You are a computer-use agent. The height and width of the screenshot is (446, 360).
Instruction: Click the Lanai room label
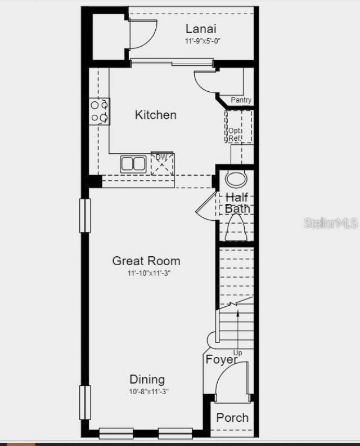click(201, 29)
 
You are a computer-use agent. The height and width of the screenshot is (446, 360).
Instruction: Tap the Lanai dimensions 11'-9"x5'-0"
click(201, 42)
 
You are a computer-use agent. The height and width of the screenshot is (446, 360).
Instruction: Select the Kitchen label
click(156, 115)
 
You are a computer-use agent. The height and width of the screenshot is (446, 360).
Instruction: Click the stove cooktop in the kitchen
click(100, 111)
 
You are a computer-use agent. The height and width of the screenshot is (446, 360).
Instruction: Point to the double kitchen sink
click(133, 164)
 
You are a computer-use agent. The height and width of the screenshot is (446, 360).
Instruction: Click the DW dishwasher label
click(161, 157)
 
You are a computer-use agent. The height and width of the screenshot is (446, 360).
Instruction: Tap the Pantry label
click(241, 100)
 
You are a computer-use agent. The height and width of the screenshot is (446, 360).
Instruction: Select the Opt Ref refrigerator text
click(235, 135)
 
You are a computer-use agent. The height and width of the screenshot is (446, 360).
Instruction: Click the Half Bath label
click(237, 203)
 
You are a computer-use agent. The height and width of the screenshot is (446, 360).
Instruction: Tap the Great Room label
click(146, 261)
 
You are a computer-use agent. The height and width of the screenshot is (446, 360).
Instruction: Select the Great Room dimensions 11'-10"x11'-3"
click(148, 273)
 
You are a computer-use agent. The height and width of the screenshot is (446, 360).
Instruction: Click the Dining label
click(147, 379)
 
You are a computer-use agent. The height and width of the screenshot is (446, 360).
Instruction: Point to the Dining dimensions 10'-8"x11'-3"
click(148, 391)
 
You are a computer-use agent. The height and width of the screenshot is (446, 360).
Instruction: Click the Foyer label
click(221, 359)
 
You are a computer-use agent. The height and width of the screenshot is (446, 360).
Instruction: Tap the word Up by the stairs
click(238, 353)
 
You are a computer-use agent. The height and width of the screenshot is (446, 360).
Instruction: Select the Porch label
click(232, 417)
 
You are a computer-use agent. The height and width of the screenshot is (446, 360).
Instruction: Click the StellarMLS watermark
click(331, 224)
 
